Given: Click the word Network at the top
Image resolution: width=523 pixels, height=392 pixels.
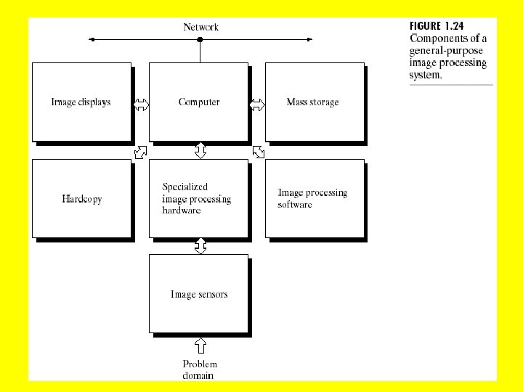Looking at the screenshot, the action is [x=200, y=28].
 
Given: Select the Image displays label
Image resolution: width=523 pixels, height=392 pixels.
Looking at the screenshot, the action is [x=81, y=102].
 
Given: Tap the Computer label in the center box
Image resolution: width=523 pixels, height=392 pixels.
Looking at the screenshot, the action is [x=199, y=102].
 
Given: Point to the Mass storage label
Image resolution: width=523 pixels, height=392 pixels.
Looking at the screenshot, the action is [x=312, y=102].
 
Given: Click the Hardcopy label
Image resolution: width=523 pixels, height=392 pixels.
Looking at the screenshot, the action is [x=81, y=199].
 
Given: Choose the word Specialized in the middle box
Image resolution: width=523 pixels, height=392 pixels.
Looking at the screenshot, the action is [x=185, y=187].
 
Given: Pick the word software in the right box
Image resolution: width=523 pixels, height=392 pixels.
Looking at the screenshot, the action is [x=295, y=205].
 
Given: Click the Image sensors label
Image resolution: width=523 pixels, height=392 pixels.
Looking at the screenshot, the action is [x=199, y=294].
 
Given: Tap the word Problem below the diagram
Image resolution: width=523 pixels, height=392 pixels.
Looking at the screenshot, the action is [x=200, y=364].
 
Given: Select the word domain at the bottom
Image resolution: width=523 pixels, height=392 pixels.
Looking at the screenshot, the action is [x=198, y=375].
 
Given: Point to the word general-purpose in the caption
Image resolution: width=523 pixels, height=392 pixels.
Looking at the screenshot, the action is [x=446, y=52].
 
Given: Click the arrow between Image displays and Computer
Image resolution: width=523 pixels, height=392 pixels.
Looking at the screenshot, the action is [x=141, y=105].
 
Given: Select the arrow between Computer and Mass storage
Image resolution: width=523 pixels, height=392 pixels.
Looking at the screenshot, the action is [x=257, y=105].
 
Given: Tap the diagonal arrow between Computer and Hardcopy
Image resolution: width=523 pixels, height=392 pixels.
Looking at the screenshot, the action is [x=141, y=152].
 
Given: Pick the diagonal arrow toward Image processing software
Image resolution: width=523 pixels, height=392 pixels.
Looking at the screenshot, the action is [x=258, y=152].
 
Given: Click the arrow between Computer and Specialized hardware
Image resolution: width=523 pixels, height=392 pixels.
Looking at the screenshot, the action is [x=200, y=151].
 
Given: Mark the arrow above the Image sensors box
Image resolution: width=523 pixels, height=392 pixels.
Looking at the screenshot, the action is [x=200, y=246].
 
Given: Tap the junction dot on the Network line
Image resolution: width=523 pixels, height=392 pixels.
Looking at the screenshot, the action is [x=200, y=40].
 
